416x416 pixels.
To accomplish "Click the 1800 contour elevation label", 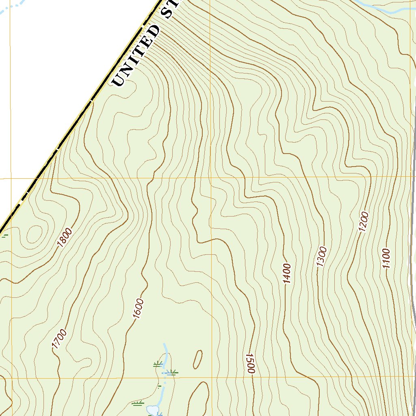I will (x=65, y=238).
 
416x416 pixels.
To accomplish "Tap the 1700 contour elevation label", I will (x=59, y=340).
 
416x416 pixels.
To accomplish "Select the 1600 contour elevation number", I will (x=138, y=309).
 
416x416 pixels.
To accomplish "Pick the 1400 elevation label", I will (x=286, y=273).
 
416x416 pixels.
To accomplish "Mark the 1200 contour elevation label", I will (x=363, y=221).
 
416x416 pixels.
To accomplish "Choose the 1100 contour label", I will (x=386, y=259).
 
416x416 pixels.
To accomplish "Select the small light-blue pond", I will (x=153, y=410).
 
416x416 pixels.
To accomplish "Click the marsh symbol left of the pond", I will (x=138, y=403).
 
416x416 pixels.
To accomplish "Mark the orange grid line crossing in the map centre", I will (x=211, y=178).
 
